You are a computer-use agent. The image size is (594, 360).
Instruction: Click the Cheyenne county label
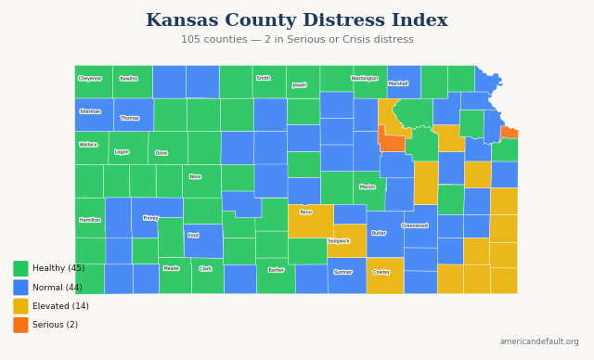(x=90, y=79)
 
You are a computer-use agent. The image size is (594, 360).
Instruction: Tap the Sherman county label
(x=90, y=111)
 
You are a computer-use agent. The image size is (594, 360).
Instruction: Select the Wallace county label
(x=88, y=145)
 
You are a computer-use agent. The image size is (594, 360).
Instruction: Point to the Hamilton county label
(x=90, y=220)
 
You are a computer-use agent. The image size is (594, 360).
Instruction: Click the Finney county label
(x=150, y=218)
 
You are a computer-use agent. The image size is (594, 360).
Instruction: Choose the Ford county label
(x=193, y=235)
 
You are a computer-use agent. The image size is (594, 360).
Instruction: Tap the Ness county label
(x=195, y=176)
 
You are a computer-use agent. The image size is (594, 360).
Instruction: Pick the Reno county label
(x=306, y=212)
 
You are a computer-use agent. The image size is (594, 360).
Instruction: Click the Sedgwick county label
(x=339, y=241)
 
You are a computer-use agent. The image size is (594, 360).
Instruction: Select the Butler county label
(x=379, y=233)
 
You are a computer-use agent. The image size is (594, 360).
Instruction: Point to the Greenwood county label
(x=415, y=225)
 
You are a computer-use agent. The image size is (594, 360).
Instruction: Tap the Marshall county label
(x=398, y=84)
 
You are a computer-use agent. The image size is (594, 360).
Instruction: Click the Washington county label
(x=365, y=79)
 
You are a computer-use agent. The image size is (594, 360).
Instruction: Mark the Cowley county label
(x=381, y=272)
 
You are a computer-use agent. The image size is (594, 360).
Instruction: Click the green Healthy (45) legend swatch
(x=20, y=268)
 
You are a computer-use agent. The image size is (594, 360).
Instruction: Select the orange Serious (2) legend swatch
(x=20, y=325)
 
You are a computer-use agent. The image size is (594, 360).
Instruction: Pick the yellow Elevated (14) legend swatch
(x=20, y=306)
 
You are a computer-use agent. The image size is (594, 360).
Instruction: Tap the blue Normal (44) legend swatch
(x=20, y=288)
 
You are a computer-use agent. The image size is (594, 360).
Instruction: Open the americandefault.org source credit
(x=538, y=341)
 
